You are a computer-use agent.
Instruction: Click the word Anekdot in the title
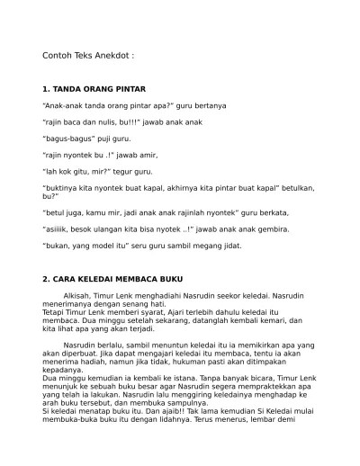click(x=112, y=55)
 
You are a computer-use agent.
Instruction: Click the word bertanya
click(x=209, y=106)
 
